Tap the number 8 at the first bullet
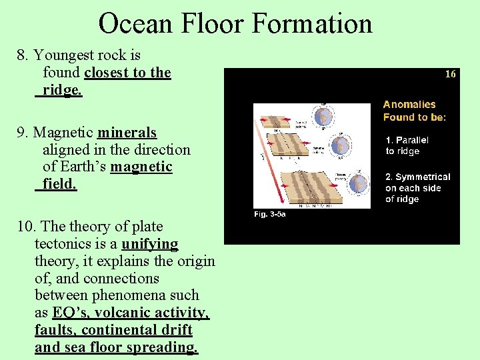pos(21,55)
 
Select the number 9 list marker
pos(21,133)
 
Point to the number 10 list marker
pos(25,227)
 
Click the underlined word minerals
pos(127,133)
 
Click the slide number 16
pos(450,75)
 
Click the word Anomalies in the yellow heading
pos(409,105)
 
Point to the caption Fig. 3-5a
pos(269,215)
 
